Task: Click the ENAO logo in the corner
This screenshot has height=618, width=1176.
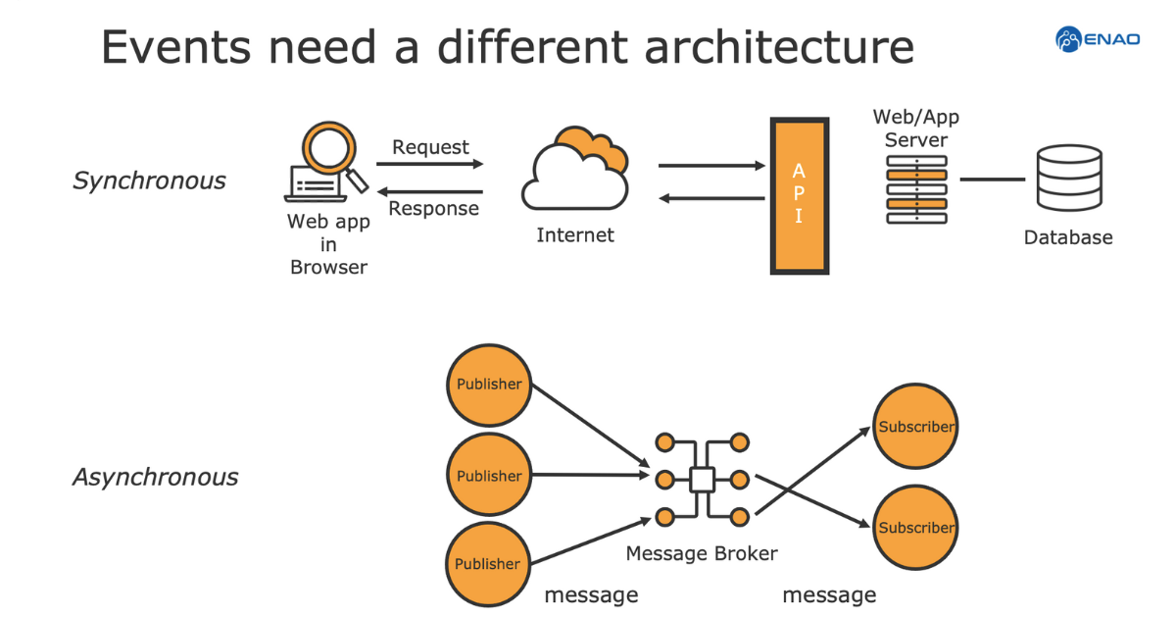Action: pyautogui.click(x=1097, y=39)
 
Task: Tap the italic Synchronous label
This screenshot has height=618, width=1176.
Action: pyautogui.click(x=149, y=180)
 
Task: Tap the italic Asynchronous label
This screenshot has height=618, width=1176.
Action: pyautogui.click(x=155, y=478)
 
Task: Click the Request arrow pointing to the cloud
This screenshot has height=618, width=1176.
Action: pyautogui.click(x=430, y=165)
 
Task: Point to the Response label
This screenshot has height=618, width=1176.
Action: pyautogui.click(x=433, y=209)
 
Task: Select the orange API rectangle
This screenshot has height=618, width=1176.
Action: pyautogui.click(x=799, y=195)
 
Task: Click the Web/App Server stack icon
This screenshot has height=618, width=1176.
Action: pyautogui.click(x=916, y=189)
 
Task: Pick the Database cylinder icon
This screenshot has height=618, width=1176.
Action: pyautogui.click(x=1068, y=179)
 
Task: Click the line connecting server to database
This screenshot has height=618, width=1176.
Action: pyautogui.click(x=992, y=180)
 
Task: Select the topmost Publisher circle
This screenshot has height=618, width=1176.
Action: pyautogui.click(x=488, y=385)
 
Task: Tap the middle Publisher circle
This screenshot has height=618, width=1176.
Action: pyautogui.click(x=488, y=476)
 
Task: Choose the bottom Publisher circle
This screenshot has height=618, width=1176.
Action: pyautogui.click(x=487, y=564)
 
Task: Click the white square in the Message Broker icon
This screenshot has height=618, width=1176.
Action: pyautogui.click(x=702, y=480)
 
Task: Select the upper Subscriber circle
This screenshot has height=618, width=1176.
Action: pyautogui.click(x=914, y=427)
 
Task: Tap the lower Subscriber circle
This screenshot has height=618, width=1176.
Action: pyautogui.click(x=914, y=527)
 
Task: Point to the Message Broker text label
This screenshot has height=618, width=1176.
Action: pyautogui.click(x=701, y=553)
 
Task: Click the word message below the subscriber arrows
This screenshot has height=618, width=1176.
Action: pyautogui.click(x=829, y=594)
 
